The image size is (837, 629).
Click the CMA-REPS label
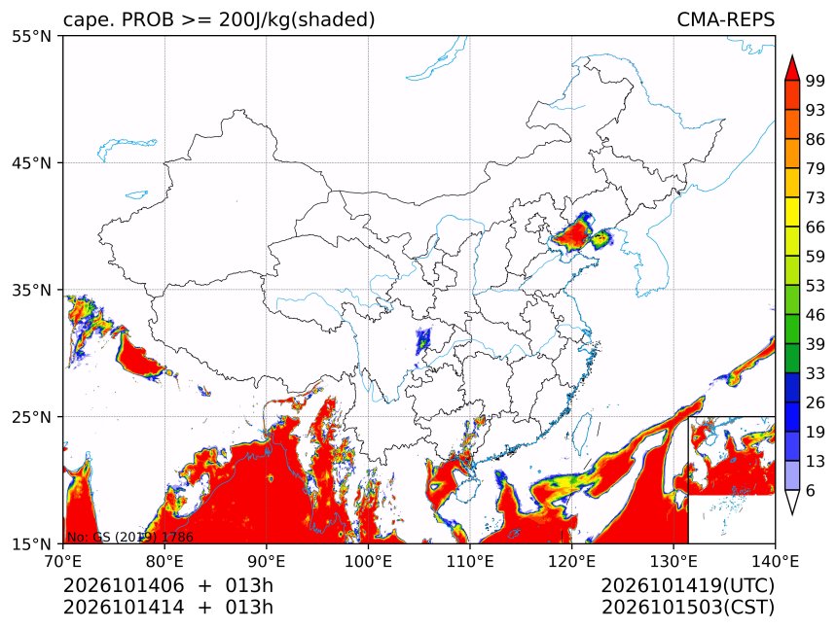(725, 19)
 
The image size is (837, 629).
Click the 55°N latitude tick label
(32, 36)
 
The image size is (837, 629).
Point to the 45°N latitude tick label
(32, 163)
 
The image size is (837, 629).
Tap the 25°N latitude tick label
(32, 417)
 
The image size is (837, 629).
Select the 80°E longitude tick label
(164, 561)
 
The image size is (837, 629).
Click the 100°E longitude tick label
(368, 561)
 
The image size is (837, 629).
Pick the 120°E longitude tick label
(571, 561)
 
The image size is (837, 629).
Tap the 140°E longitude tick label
(775, 561)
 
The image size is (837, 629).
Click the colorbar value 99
(816, 81)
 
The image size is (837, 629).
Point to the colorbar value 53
(816, 286)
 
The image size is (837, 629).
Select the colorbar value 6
(811, 490)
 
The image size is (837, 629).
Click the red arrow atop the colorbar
(792, 68)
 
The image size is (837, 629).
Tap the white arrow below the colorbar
(792, 503)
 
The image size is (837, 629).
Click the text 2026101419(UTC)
(687, 585)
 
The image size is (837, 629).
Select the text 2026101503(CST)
(687, 608)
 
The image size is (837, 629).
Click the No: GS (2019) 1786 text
(130, 537)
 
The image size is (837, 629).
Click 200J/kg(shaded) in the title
(297, 20)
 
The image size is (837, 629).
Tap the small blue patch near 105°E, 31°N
(422, 341)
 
